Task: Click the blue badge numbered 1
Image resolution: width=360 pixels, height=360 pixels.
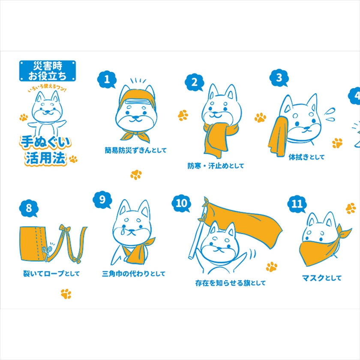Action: (107, 79)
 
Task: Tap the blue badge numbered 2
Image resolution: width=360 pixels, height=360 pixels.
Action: (195, 82)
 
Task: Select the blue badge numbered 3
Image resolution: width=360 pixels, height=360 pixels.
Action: (279, 78)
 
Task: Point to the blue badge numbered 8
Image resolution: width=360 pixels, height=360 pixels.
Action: (28, 208)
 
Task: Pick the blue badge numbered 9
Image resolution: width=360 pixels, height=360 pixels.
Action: (102, 200)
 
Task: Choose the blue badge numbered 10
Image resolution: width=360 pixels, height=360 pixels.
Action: (181, 204)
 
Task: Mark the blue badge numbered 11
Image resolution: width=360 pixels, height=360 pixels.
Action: (297, 204)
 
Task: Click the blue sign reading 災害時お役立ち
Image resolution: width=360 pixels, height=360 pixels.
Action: (48, 71)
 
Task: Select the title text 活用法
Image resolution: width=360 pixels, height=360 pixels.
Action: (46, 158)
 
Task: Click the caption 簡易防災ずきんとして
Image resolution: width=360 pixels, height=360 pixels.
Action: (135, 150)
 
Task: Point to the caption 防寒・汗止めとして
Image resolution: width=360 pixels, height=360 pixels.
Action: (216, 166)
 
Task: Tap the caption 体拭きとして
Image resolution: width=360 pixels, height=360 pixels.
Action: (306, 157)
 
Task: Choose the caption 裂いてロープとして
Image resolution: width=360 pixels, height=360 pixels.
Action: (51, 273)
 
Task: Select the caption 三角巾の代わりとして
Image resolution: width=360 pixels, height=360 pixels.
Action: (134, 274)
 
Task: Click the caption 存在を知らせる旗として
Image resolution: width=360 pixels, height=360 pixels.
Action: (230, 283)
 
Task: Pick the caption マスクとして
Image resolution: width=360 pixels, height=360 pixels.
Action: (322, 278)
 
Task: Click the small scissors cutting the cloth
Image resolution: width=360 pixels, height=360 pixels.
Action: (46, 252)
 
